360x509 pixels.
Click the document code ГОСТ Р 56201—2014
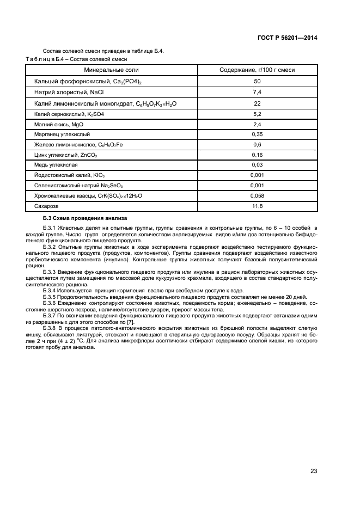coord(288,38)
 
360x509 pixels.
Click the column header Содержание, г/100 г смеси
coord(257,70)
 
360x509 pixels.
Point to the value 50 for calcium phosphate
coord(257,81)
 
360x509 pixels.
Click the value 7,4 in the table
coord(257,92)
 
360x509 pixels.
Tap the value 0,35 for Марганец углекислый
coord(257,134)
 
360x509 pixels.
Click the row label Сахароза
coord(45,206)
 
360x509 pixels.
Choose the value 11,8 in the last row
coord(257,206)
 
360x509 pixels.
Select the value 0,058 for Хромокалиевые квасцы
coord(257,195)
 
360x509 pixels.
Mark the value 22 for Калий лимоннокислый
coord(257,103)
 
